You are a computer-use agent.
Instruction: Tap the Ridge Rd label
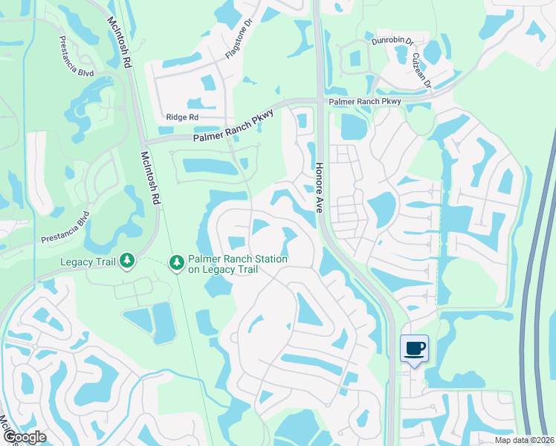[x=182, y=117]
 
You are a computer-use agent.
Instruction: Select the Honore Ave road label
[x=320, y=187]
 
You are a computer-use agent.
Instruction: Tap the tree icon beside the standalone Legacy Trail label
[x=127, y=260]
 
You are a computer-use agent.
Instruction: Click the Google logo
[x=24, y=437]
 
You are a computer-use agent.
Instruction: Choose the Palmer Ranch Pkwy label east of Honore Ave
[x=365, y=100]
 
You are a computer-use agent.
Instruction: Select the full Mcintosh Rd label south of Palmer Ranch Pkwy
[x=151, y=178]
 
